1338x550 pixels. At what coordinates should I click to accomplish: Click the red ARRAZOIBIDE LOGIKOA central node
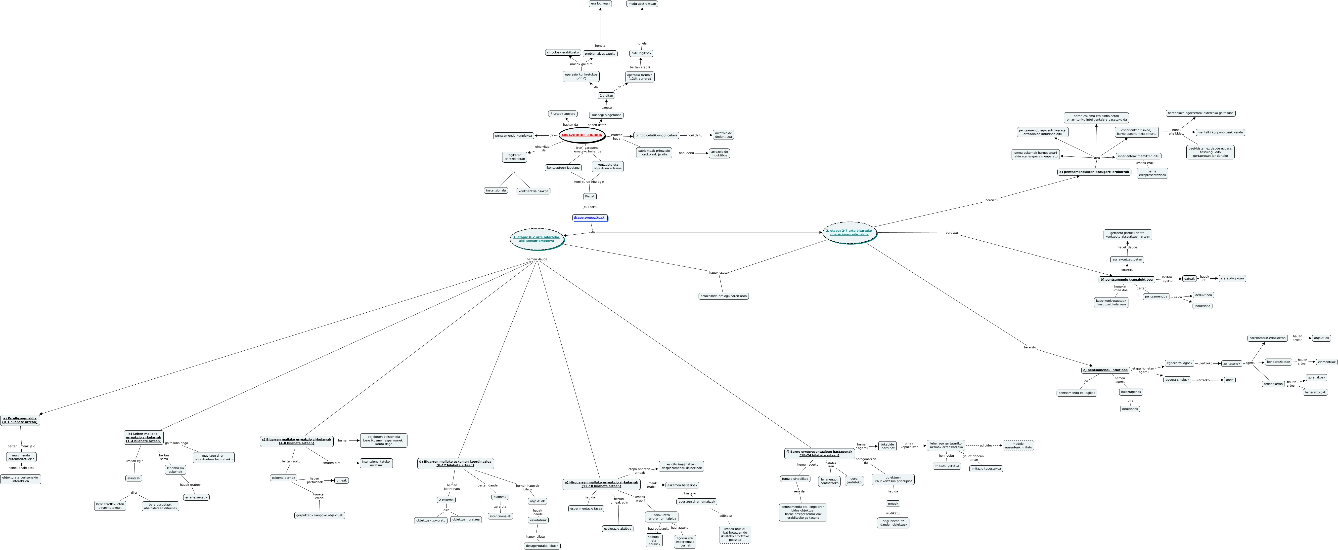(582, 135)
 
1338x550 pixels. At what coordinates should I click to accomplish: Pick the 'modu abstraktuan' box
(642, 4)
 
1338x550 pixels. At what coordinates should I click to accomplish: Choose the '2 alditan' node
(606, 95)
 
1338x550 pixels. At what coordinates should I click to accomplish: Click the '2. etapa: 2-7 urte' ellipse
(849, 232)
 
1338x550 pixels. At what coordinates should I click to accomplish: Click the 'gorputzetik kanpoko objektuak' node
(319, 515)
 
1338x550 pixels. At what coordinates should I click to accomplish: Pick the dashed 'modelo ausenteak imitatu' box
(1018, 445)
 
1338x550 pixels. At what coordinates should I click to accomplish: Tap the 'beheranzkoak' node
(1315, 392)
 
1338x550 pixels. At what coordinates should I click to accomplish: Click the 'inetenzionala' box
(496, 190)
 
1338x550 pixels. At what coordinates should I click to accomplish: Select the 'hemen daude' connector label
(536, 259)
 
